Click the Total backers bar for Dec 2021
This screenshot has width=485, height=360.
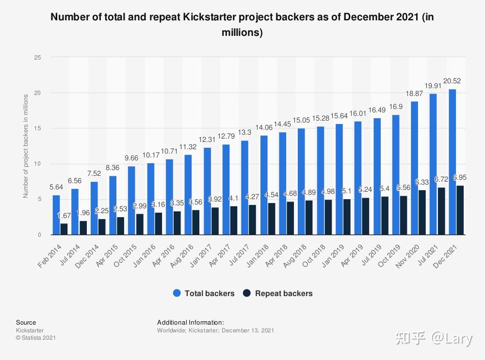[453, 162]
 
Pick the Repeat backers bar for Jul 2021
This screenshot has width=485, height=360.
[441, 211]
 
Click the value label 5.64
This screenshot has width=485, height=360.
[56, 187]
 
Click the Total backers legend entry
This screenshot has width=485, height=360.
[204, 293]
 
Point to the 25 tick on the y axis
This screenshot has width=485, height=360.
[38, 57]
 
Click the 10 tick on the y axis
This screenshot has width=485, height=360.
[38, 164]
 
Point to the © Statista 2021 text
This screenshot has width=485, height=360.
[36, 338]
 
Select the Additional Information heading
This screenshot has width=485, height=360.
[191, 323]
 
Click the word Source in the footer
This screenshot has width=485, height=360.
[26, 323]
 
